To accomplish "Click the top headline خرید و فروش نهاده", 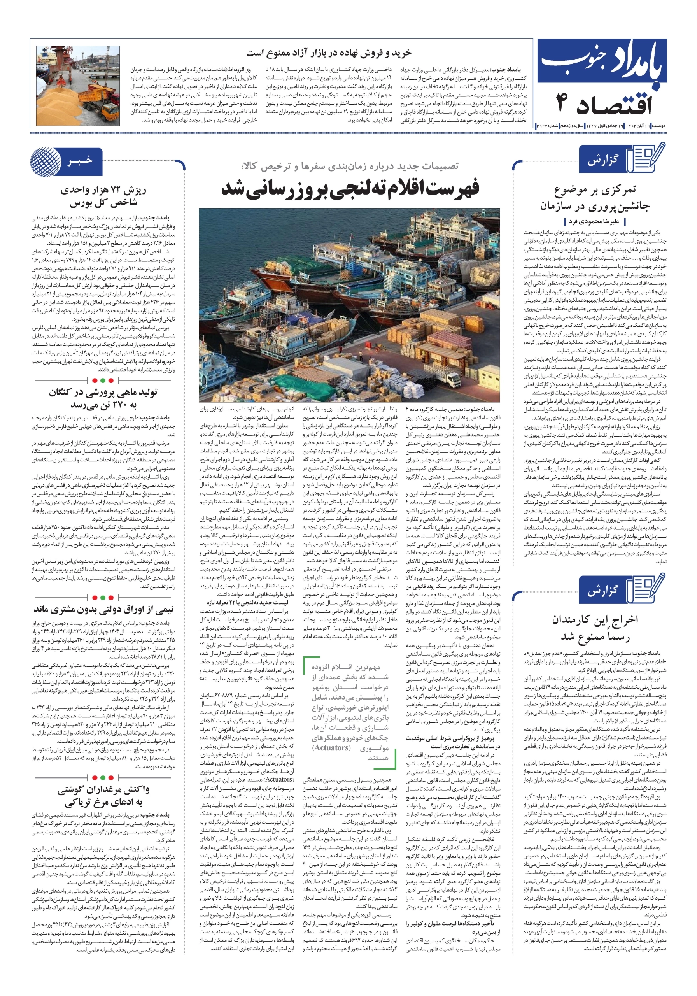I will (x=329, y=53).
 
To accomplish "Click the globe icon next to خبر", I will (x=45, y=162).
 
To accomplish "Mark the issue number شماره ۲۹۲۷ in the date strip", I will (x=547, y=126).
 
